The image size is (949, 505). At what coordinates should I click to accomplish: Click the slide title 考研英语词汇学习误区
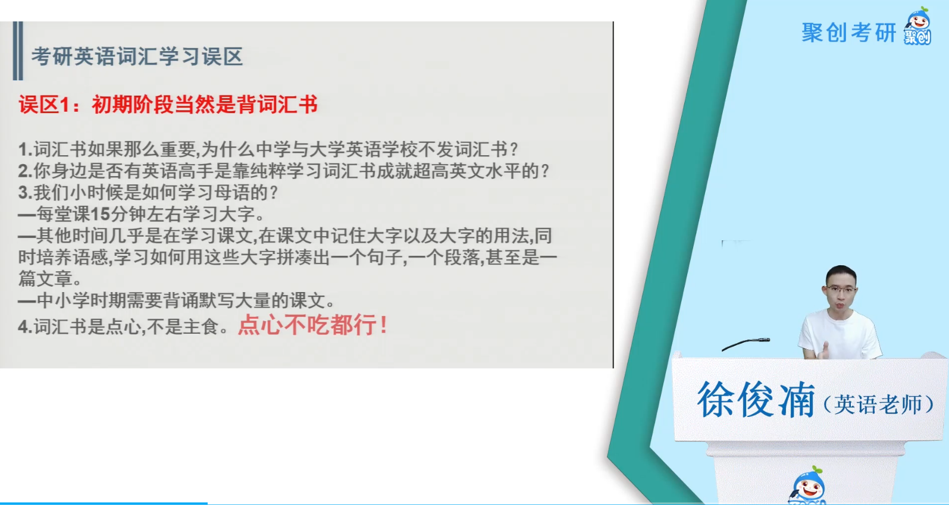pyautogui.click(x=137, y=57)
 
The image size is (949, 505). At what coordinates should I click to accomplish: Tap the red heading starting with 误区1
pyautogui.click(x=168, y=105)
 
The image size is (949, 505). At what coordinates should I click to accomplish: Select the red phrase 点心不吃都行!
pyautogui.click(x=312, y=325)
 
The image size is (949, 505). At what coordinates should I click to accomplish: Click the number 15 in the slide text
pyautogui.click(x=101, y=214)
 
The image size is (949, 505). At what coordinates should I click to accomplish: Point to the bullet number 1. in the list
pyautogui.click(x=26, y=149)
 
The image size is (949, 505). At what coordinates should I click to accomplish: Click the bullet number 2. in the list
pyautogui.click(x=26, y=171)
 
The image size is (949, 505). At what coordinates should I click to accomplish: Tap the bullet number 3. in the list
pyautogui.click(x=26, y=192)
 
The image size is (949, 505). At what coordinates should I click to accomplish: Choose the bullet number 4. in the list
pyautogui.click(x=26, y=327)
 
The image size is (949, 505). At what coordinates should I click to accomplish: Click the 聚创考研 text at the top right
pyautogui.click(x=849, y=33)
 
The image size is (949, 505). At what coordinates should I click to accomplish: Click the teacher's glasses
pyautogui.click(x=841, y=290)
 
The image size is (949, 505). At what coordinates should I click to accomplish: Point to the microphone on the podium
pyautogui.click(x=746, y=344)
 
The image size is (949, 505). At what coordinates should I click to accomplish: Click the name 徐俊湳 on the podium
pyautogui.click(x=756, y=400)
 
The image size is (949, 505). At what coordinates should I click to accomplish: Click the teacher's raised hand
pyautogui.click(x=823, y=350)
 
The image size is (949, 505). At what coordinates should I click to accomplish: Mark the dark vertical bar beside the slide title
pyautogui.click(x=18, y=51)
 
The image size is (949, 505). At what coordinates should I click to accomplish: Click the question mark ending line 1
pyautogui.click(x=514, y=149)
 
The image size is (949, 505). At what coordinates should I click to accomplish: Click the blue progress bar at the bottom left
pyautogui.click(x=104, y=503)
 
